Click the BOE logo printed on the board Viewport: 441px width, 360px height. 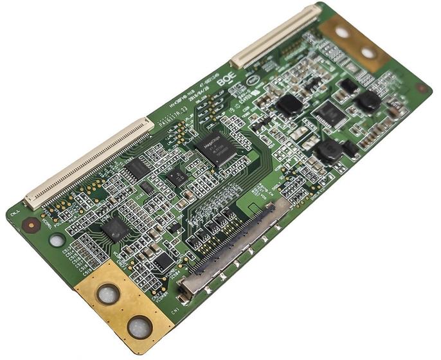226,80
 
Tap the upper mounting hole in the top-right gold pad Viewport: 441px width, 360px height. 341,32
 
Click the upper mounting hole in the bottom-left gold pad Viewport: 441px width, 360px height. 107,294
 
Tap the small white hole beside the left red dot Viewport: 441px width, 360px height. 57,240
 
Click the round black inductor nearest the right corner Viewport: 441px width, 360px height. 368,100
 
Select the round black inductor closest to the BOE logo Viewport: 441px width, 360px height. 289,104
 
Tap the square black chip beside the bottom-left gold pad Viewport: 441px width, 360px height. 115,228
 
